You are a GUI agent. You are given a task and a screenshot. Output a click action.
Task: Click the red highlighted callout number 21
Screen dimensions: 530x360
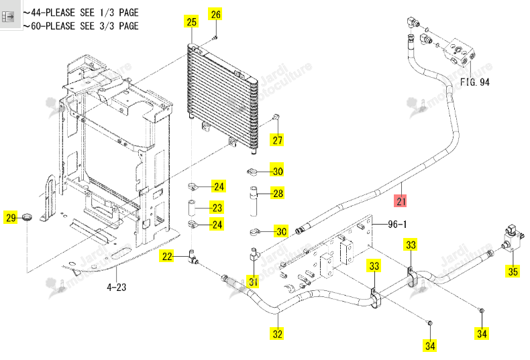(x=401, y=201)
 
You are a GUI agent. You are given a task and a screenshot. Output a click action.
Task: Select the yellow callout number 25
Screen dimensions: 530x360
(x=191, y=21)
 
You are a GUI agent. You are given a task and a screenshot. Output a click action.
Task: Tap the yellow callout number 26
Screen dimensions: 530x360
(x=215, y=14)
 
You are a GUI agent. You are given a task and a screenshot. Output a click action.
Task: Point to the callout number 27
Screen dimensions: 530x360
(x=277, y=140)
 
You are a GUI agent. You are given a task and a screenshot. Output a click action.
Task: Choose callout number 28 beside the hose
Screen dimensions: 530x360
(x=278, y=193)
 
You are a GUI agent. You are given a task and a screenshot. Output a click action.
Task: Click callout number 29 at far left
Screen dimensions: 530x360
(x=11, y=217)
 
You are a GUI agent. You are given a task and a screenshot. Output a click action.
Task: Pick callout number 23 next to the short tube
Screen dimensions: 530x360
(x=217, y=207)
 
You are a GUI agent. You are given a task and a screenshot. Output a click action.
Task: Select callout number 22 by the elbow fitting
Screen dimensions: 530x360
(x=167, y=256)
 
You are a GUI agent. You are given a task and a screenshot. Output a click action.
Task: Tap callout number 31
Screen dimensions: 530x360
(x=253, y=281)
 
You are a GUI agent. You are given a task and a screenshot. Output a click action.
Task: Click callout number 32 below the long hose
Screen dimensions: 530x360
(x=277, y=333)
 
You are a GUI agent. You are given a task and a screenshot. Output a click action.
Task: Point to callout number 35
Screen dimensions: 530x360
(x=513, y=271)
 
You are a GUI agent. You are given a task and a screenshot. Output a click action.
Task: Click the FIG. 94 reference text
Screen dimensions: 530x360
(x=474, y=82)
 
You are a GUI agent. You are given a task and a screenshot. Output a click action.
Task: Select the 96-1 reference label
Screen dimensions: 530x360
(x=397, y=224)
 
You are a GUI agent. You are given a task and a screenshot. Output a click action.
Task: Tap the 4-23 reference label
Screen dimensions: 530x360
(x=116, y=287)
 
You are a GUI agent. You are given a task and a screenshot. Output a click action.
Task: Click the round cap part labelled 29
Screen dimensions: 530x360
(x=28, y=217)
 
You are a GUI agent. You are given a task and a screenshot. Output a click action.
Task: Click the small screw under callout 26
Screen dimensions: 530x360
(x=215, y=37)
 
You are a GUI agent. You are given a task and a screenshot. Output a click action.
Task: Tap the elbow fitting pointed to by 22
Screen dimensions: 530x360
(x=193, y=257)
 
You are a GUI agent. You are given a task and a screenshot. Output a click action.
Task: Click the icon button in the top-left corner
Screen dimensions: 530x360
(x=7, y=16)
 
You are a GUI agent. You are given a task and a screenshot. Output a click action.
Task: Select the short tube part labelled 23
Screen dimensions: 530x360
(x=192, y=209)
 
